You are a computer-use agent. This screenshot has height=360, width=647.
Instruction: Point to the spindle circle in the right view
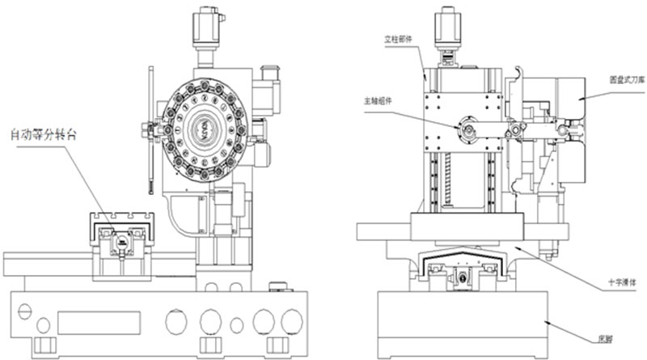468,129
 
